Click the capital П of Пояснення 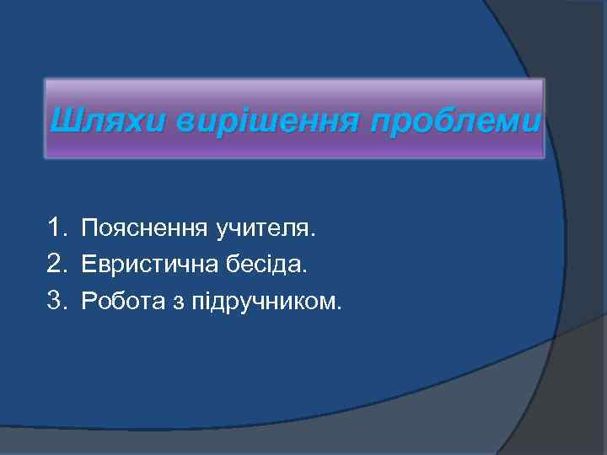tap(89, 228)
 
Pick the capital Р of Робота tap(88, 302)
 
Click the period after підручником tap(340, 309)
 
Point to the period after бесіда tap(308, 271)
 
